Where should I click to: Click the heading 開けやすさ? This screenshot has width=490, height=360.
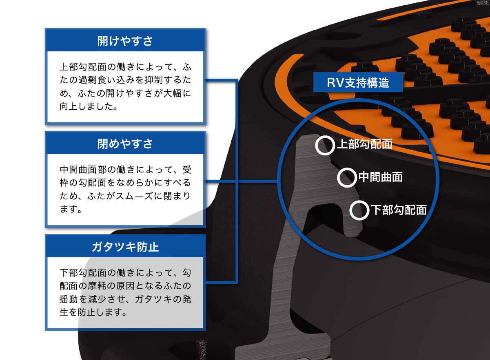pyautogui.click(x=125, y=41)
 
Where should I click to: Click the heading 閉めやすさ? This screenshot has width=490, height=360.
pyautogui.click(x=125, y=144)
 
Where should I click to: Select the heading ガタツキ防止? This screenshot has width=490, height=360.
pyautogui.click(x=125, y=247)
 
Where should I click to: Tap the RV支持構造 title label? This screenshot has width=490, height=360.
pyautogui.click(x=358, y=83)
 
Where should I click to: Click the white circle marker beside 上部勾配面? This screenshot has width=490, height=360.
pyautogui.click(x=325, y=146)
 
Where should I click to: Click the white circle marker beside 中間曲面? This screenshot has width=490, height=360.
pyautogui.click(x=347, y=177)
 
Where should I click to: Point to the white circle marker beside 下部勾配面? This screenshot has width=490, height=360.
pyautogui.click(x=359, y=210)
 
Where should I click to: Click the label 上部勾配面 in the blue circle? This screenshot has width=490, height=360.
pyautogui.click(x=364, y=144)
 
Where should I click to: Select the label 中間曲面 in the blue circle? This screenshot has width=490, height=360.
pyautogui.click(x=381, y=177)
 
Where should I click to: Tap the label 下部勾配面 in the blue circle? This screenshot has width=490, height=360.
pyautogui.click(x=398, y=210)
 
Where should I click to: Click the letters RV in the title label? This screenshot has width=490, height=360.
pyautogui.click(x=336, y=83)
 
